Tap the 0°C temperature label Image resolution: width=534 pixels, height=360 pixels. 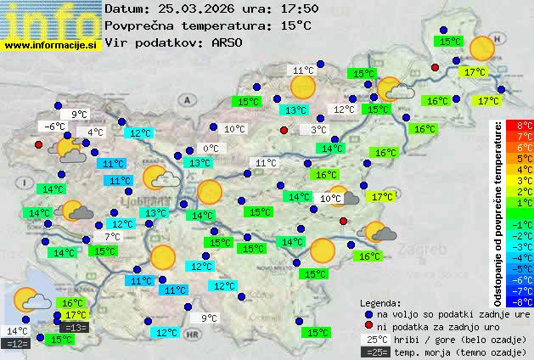pos(211,149)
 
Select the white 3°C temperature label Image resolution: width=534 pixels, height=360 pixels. pos(318,129)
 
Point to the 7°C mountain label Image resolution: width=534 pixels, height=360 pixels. pos(112,237)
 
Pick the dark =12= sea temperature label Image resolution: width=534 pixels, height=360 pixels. pos(17,344)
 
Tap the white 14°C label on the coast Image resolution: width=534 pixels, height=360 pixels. pos(17,331)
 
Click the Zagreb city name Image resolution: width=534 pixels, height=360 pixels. pos(428,251)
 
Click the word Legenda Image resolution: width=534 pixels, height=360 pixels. pos(381,302)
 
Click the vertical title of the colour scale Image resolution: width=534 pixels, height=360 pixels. pos(499,212)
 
